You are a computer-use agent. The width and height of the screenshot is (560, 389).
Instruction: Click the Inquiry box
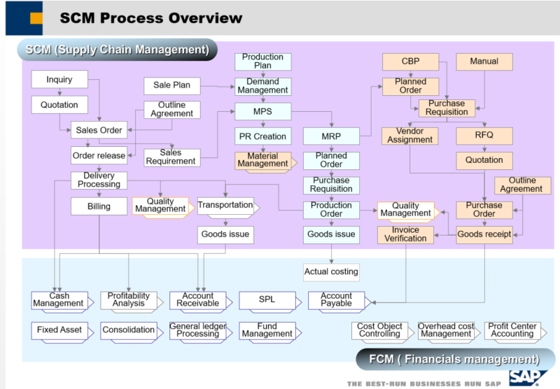tap(59, 80)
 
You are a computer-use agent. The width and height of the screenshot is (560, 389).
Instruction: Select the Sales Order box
tap(99, 130)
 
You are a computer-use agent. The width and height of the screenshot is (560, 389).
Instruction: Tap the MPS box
tap(262, 111)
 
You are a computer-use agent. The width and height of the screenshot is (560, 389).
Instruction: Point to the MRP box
tap(331, 136)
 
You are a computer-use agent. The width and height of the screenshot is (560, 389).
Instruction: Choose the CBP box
tap(410, 62)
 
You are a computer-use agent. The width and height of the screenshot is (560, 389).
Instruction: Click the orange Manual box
tap(484, 62)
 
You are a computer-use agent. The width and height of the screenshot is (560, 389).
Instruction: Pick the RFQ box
tap(484, 135)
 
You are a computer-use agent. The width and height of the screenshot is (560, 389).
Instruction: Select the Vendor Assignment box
tap(410, 136)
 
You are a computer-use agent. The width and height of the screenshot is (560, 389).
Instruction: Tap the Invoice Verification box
tap(405, 234)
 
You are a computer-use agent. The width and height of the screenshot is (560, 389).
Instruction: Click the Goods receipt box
tap(484, 234)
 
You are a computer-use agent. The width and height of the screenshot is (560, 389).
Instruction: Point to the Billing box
tap(99, 206)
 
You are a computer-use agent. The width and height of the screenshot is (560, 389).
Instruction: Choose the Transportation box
tap(225, 206)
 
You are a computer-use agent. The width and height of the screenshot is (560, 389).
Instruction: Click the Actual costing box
tap(331, 271)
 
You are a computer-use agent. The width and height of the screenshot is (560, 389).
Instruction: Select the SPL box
tap(267, 300)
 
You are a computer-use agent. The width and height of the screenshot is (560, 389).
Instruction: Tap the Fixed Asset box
tap(59, 330)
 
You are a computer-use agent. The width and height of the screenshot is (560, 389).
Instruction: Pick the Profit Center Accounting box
tap(512, 330)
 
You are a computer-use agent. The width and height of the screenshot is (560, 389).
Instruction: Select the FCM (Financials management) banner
tap(454, 360)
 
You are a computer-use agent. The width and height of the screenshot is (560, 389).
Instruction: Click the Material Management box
tap(262, 160)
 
